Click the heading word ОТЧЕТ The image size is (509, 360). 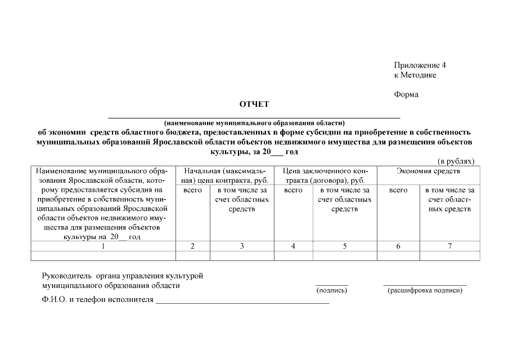[x=254, y=104]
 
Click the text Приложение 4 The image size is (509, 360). [x=420, y=65]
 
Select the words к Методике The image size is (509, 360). [x=415, y=75]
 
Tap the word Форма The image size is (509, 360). [x=406, y=94]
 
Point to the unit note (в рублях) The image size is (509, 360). [x=456, y=161]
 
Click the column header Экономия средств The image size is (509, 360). [x=428, y=170]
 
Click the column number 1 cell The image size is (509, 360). [x=103, y=246]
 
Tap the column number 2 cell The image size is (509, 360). [x=192, y=246]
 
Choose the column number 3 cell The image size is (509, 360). [x=242, y=246]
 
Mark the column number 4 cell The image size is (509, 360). [x=293, y=246]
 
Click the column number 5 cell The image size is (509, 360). [x=344, y=246]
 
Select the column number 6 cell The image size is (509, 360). [x=398, y=246]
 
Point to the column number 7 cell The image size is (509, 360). [x=449, y=246]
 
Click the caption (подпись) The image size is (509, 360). [x=332, y=291]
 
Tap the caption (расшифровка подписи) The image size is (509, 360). [x=425, y=291]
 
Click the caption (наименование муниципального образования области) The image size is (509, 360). [x=254, y=123]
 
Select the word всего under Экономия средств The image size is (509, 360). [x=398, y=191]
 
